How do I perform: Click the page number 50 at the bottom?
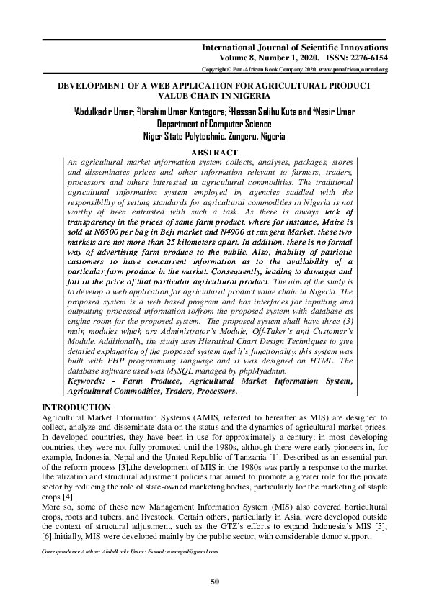[214, 581]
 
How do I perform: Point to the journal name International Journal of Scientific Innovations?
[295, 47]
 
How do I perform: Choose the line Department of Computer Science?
[213, 123]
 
